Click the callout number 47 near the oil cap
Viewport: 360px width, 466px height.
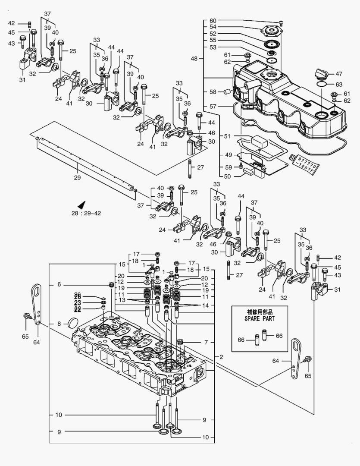(x=339, y=73)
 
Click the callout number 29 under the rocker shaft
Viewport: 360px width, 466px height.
(x=77, y=177)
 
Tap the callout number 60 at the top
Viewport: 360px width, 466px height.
(x=213, y=21)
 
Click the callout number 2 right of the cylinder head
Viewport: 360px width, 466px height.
(x=221, y=357)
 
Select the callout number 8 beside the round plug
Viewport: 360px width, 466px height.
(x=59, y=324)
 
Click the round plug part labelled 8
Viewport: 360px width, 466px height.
(x=74, y=322)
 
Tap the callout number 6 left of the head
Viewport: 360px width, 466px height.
(x=59, y=284)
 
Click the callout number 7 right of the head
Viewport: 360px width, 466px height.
(x=206, y=342)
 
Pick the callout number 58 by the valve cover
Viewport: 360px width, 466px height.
(x=213, y=91)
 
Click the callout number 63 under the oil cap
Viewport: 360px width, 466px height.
(x=339, y=84)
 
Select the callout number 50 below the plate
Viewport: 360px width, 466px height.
(x=227, y=176)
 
